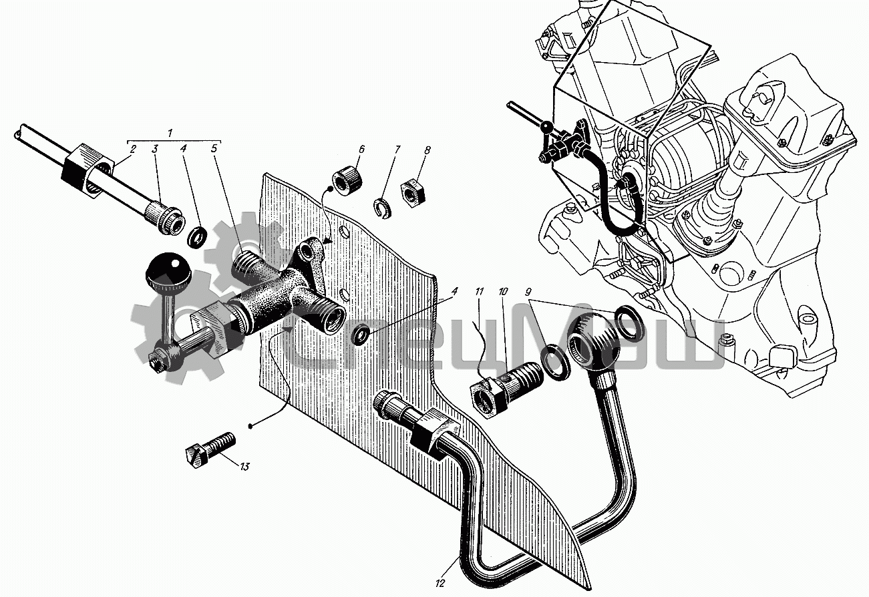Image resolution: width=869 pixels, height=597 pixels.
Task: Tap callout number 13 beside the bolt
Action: (244, 467)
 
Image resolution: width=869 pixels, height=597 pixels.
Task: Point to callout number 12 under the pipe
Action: (440, 583)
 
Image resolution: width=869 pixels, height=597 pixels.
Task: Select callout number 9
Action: (528, 292)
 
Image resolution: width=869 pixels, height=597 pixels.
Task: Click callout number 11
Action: (479, 292)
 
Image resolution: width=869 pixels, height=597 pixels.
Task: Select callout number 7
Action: (396, 150)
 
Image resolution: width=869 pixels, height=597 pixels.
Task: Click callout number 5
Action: (214, 150)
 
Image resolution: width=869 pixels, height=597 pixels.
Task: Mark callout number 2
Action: (133, 150)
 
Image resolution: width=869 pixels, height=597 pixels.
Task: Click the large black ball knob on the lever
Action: (168, 269)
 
